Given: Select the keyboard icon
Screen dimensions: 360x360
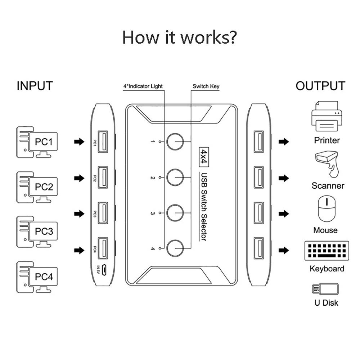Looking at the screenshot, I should [327, 251].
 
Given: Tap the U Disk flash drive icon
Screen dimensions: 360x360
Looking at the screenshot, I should [325, 289].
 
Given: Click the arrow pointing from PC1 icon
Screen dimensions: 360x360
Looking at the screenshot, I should [78, 142].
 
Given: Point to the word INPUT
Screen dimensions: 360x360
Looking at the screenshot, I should [35, 86].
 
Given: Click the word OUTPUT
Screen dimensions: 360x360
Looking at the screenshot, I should [320, 86].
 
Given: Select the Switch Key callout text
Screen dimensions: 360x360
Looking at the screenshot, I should [206, 86].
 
